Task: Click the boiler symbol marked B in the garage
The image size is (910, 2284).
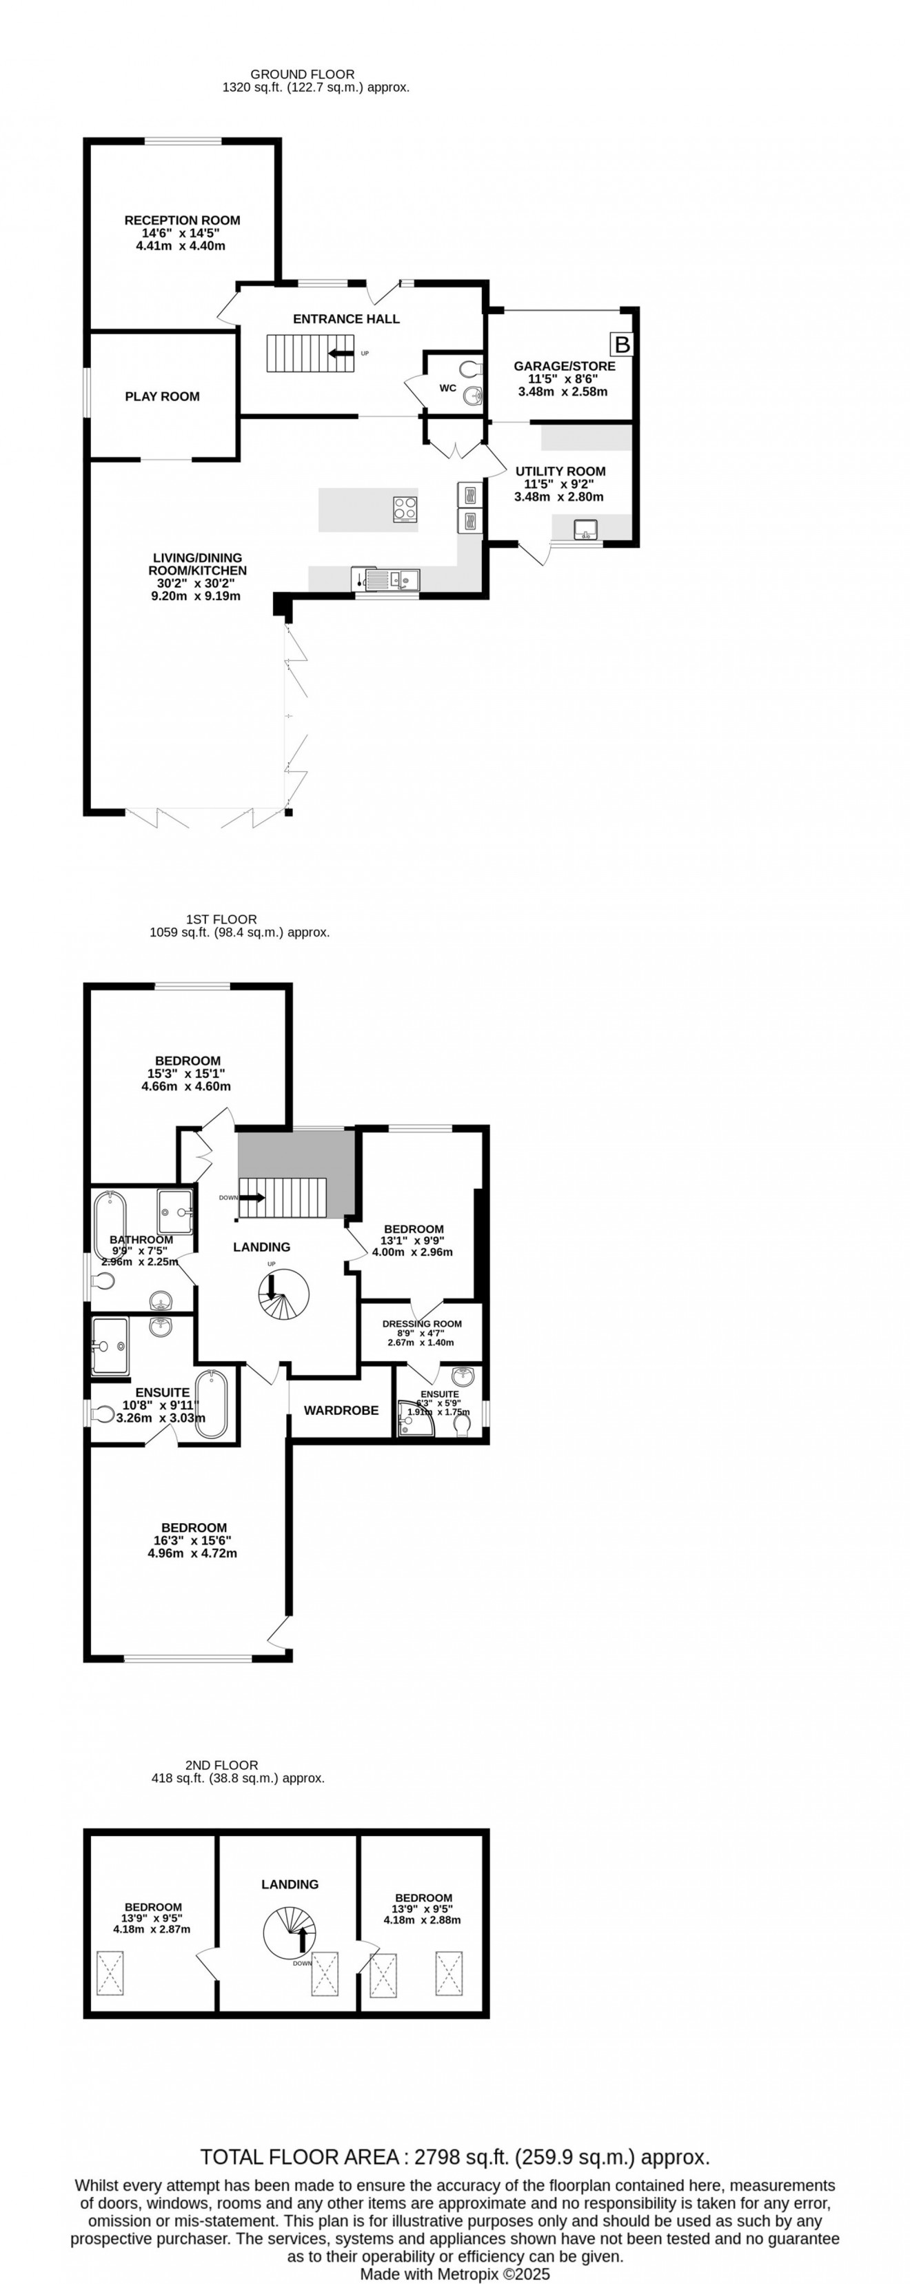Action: click(623, 344)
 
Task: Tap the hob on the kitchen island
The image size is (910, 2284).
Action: click(405, 507)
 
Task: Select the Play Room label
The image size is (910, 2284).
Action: click(162, 396)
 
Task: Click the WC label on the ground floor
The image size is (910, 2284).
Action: click(448, 388)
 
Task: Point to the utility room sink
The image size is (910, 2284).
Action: click(586, 530)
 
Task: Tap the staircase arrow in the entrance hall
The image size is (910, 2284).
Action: click(340, 354)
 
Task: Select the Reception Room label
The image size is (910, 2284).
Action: click(182, 220)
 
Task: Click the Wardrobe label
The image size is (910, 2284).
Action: click(341, 1410)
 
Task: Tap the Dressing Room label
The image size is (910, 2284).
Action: click(422, 1324)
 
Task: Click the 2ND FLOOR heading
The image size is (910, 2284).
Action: click(222, 1765)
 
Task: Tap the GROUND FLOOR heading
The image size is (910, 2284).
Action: click(303, 74)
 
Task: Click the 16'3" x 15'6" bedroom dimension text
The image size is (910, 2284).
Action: click(192, 1540)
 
